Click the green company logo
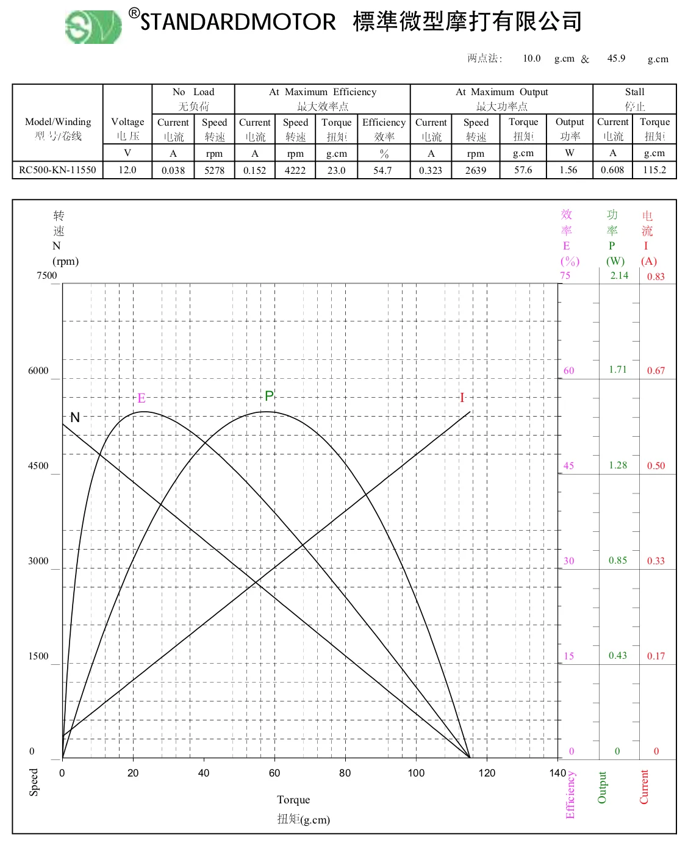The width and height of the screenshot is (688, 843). (x=93, y=26)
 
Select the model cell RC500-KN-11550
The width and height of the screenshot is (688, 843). (x=57, y=170)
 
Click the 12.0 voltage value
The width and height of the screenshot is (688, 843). (x=127, y=170)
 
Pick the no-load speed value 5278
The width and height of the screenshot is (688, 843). (x=214, y=171)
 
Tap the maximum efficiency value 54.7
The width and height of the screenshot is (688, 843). (x=382, y=171)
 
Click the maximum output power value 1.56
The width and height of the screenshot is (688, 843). (x=568, y=170)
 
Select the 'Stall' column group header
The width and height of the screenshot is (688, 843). (x=634, y=92)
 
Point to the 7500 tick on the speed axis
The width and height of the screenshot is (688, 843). (x=46, y=276)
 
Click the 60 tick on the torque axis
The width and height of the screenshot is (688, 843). (x=274, y=773)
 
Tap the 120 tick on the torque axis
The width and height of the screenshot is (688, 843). (x=487, y=773)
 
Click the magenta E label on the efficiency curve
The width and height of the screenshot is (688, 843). (x=142, y=398)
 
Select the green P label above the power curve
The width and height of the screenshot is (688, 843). (x=269, y=396)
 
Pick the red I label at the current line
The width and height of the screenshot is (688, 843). (x=462, y=398)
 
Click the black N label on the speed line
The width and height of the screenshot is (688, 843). (x=75, y=418)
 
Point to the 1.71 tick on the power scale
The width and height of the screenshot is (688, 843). (x=617, y=370)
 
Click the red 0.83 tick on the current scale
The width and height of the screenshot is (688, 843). (x=656, y=276)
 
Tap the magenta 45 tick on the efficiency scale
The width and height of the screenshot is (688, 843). (x=568, y=466)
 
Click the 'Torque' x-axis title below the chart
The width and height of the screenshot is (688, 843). (x=293, y=800)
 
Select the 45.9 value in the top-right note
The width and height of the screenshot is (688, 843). (x=616, y=59)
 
